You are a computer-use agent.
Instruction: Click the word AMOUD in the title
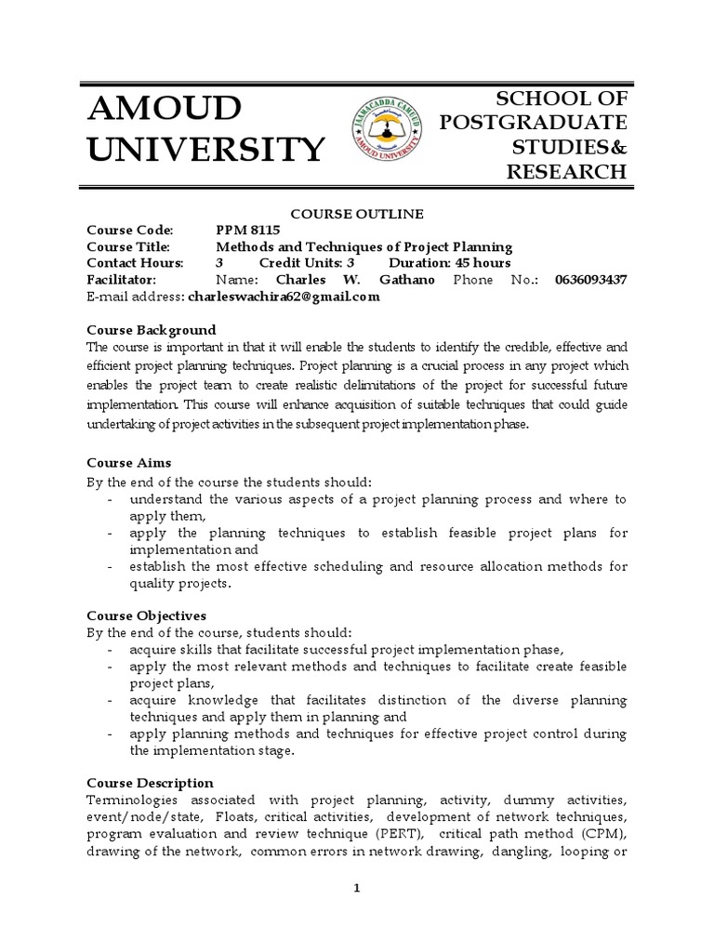[x=163, y=110]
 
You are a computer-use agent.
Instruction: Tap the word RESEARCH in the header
[x=567, y=171]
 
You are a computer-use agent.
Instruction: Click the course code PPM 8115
[x=247, y=231]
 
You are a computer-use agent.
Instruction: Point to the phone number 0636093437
[x=590, y=280]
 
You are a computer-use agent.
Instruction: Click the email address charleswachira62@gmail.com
[x=284, y=297]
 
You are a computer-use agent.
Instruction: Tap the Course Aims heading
[x=128, y=462]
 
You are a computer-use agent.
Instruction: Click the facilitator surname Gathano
[x=403, y=280]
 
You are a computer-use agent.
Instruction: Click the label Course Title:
[x=128, y=247]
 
